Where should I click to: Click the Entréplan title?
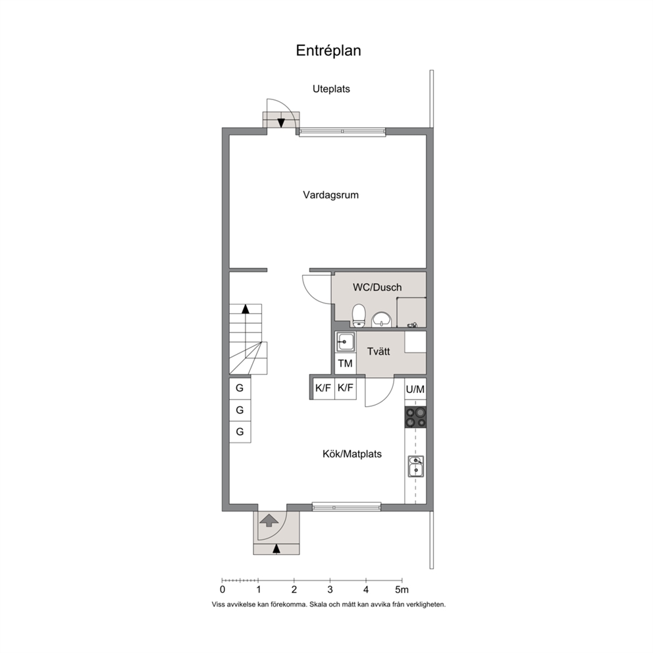tap(328, 51)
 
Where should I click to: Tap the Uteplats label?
tap(331, 89)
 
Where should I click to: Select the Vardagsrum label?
tap(330, 195)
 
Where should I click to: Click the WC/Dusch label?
tap(377, 288)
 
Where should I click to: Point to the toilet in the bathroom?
tap(359, 316)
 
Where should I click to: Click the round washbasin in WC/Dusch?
tap(382, 320)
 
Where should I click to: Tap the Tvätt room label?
tap(378, 352)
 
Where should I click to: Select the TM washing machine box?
tap(345, 363)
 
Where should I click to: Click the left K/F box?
tap(323, 388)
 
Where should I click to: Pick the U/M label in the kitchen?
tap(415, 390)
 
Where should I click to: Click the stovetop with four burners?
tap(415, 417)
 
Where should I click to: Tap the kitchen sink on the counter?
tap(415, 466)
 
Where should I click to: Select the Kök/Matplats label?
tap(352, 454)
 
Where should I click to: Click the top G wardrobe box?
tap(240, 388)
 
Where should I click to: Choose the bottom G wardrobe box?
tap(240, 432)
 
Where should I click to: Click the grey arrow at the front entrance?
tap(269, 521)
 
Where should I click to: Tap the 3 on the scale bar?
tap(330, 589)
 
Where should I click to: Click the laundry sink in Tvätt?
tap(345, 342)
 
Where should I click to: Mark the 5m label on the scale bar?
tap(402, 589)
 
